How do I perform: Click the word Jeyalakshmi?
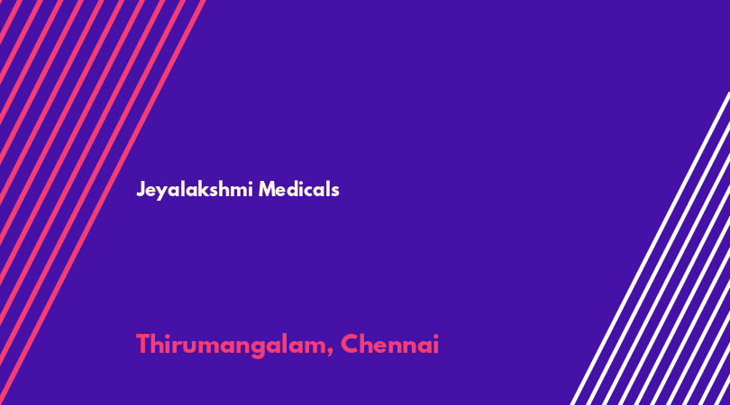point(195,190)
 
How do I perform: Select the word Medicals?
point(299,189)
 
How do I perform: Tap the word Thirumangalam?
point(233,345)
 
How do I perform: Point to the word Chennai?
point(389,344)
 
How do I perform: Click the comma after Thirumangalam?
point(330,353)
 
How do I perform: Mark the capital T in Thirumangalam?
point(144,344)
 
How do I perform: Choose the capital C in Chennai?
point(350,344)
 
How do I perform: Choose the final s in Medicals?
point(335,191)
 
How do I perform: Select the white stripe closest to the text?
point(650,248)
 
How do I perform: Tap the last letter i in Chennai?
point(436,344)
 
